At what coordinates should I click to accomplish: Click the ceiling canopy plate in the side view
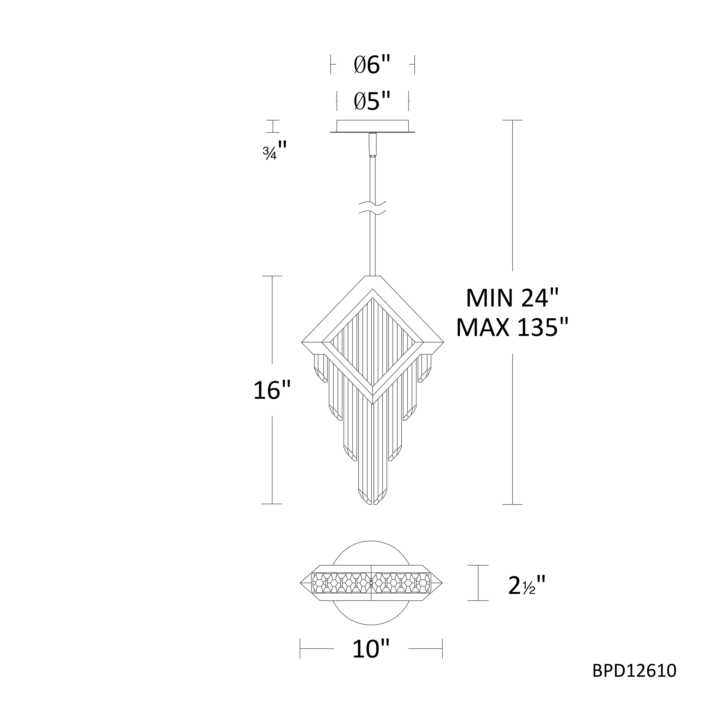pyautogui.click(x=372, y=126)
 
